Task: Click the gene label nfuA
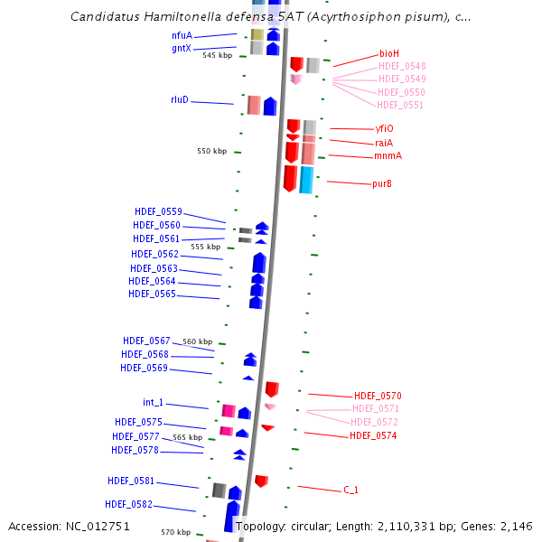coord(182,35)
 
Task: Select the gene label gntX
coord(182,48)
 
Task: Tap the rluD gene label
coord(180,99)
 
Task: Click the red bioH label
coord(389,54)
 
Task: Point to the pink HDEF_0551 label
coord(400,105)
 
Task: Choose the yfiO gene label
coord(384,129)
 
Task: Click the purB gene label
coord(382,184)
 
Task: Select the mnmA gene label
coord(388,156)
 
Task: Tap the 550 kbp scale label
coord(212,151)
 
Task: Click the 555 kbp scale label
coord(205,246)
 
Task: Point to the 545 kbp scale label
coord(217,55)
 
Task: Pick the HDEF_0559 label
coord(157,211)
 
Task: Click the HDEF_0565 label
coord(152,294)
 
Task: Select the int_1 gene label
coord(154,402)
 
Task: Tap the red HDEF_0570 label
coord(378,396)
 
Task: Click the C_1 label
coord(350,490)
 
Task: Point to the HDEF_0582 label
coord(128,504)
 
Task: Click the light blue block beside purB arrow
coord(307,179)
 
